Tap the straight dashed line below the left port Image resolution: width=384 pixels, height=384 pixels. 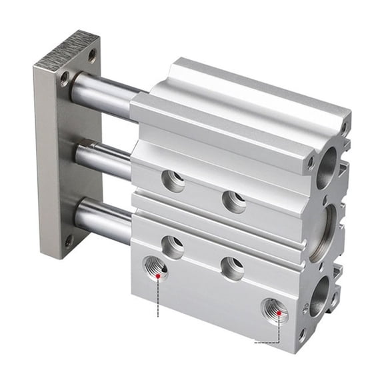coord(158,297)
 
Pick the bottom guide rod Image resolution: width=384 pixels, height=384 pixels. coord(103,221)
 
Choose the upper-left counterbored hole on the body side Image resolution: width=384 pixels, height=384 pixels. coord(173,181)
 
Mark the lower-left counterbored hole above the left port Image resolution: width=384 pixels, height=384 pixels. coord(173,247)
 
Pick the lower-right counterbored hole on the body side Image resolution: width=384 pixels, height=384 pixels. coord(233,268)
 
